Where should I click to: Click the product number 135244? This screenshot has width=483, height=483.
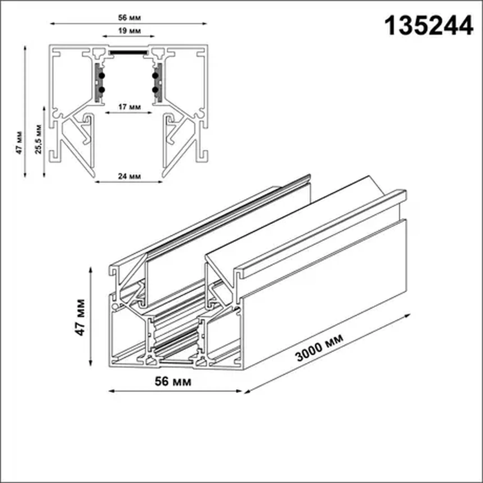(429, 26)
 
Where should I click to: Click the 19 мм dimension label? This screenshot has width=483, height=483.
(129, 31)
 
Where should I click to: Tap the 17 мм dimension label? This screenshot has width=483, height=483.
(129, 107)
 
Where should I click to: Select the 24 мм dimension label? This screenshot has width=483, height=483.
(129, 176)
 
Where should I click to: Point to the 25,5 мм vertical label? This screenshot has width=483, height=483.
(38, 139)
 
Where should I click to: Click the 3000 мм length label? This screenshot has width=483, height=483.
(319, 347)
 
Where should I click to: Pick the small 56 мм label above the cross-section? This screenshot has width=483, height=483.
(129, 18)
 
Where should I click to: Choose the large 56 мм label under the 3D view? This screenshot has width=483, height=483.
(173, 382)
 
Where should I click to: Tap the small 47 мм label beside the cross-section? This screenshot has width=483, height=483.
(19, 142)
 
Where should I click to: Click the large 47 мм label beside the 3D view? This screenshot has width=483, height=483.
(80, 317)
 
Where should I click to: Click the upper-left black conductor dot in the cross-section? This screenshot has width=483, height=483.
(102, 76)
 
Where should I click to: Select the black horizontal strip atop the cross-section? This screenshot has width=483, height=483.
(129, 53)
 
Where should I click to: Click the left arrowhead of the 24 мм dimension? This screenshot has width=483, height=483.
(97, 182)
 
